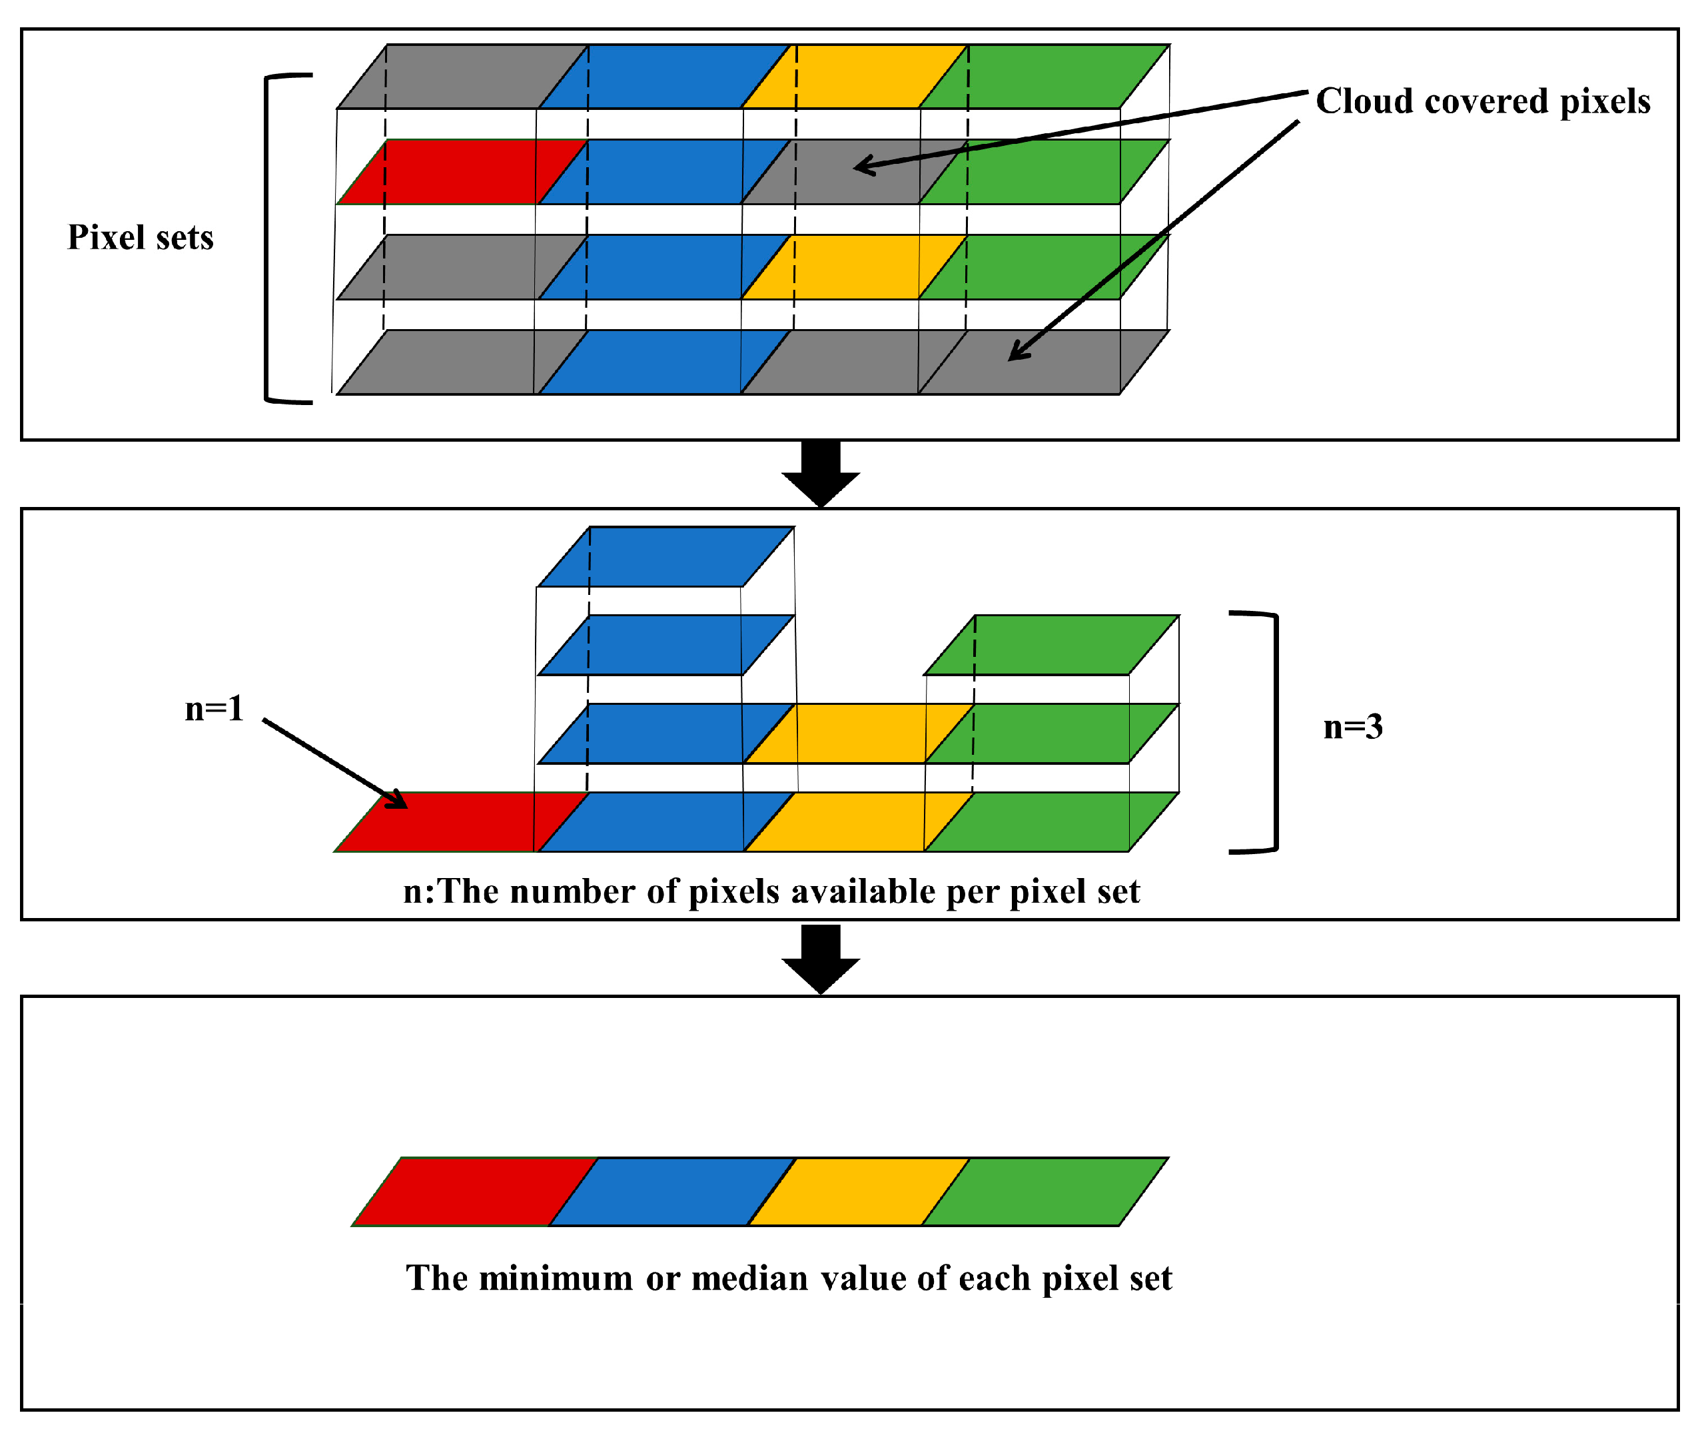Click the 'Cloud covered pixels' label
[x=1482, y=101]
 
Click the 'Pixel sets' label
[x=141, y=238]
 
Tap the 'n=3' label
[x=1352, y=727]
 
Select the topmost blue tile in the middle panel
[x=665, y=556]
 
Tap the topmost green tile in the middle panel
[x=1051, y=645]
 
